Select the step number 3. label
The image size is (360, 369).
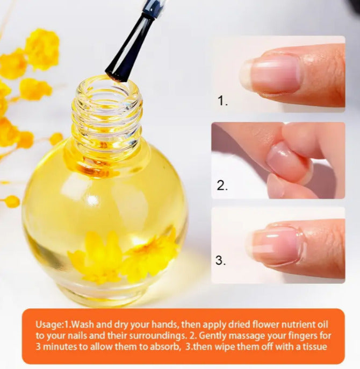221,260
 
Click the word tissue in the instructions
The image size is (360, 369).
314,346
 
